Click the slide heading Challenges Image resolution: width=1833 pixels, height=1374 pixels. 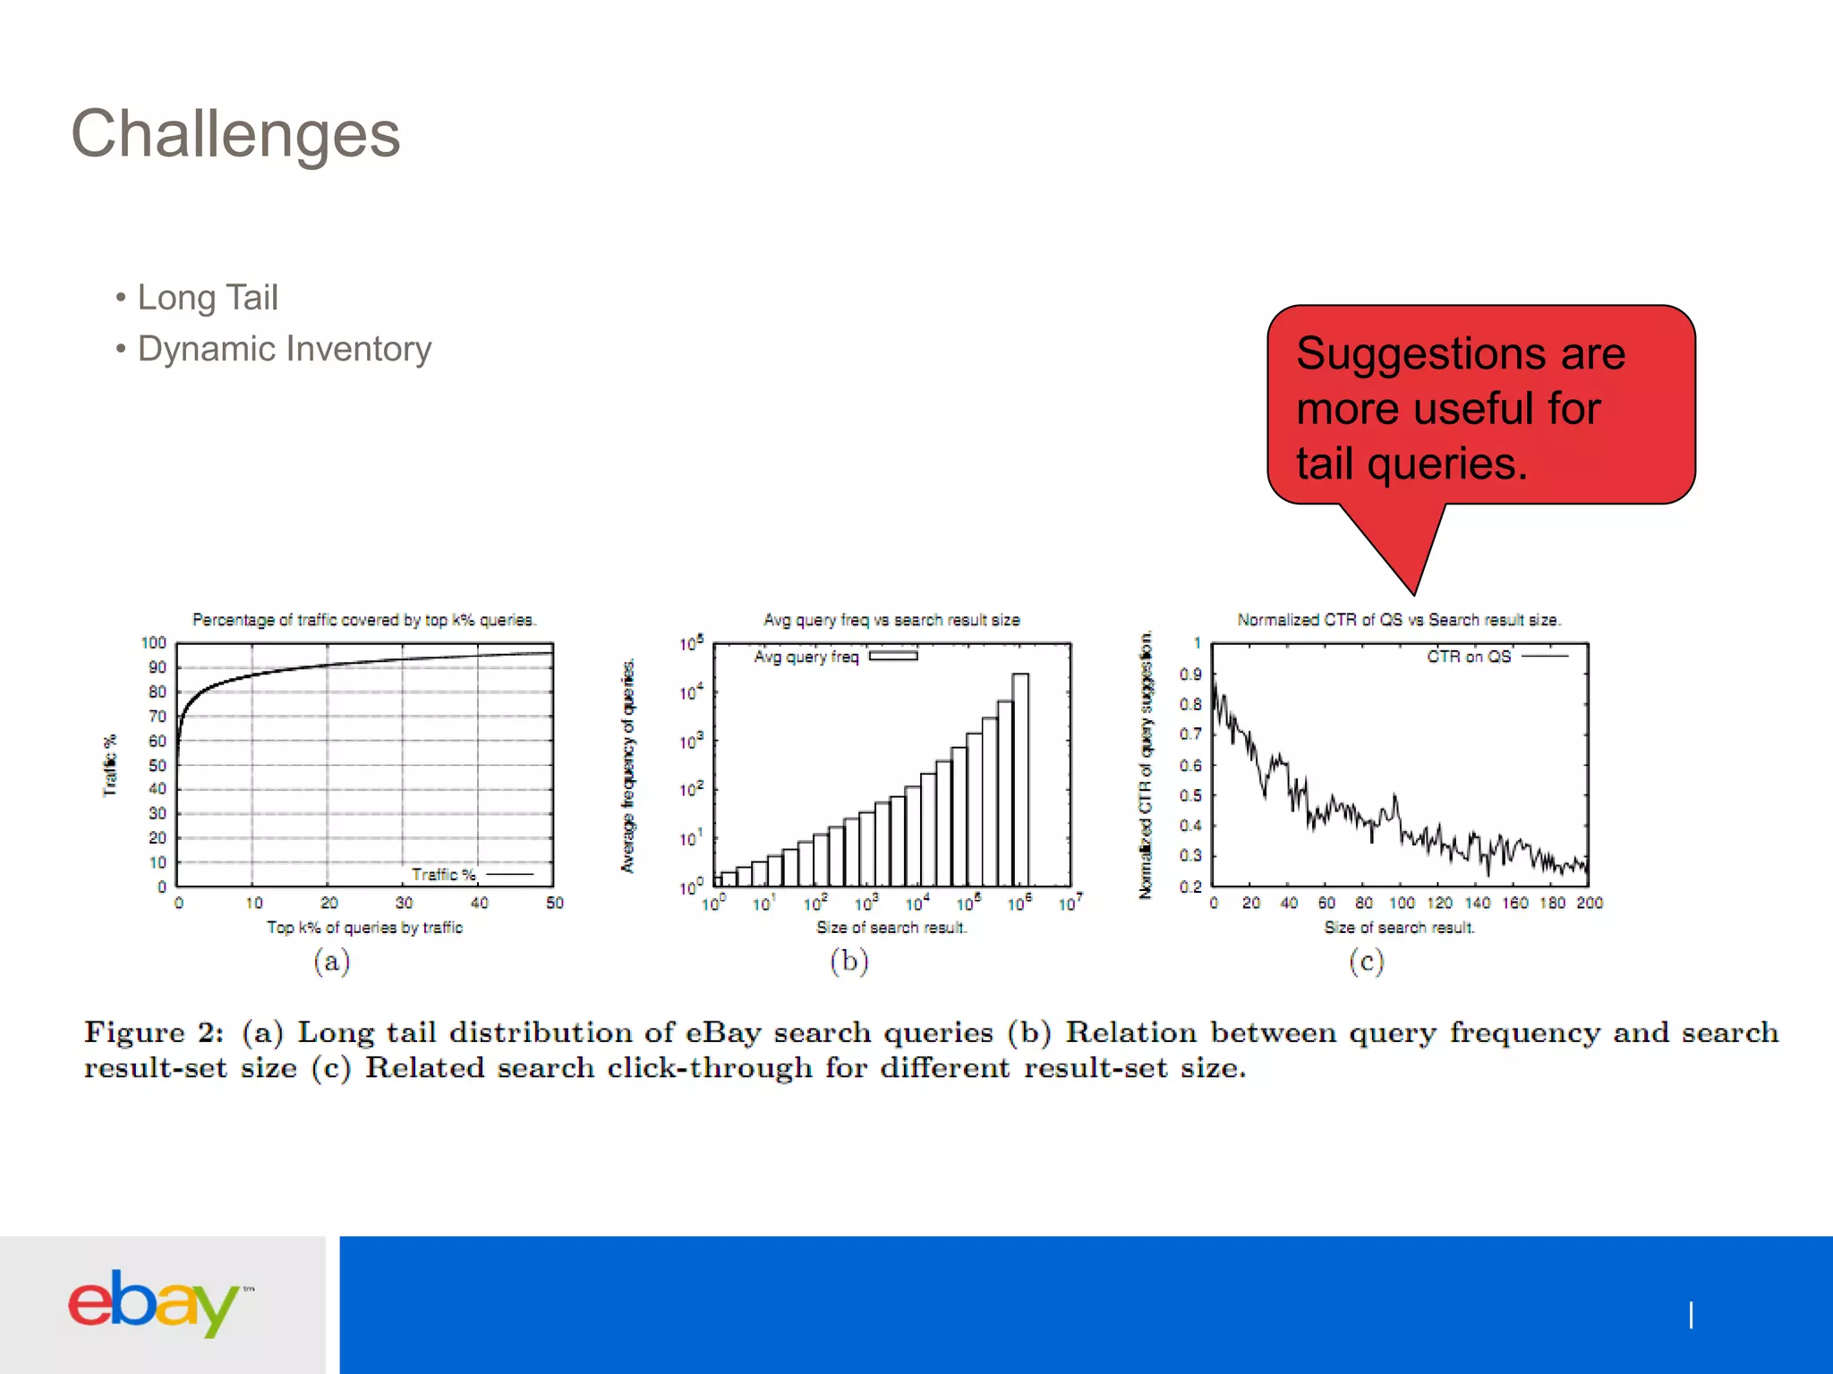click(235, 134)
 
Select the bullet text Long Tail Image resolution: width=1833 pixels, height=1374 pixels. click(207, 298)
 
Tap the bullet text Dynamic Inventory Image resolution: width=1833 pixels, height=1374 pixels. click(284, 349)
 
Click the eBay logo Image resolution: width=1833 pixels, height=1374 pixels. click(154, 1302)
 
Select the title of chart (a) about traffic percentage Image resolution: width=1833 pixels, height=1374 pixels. click(363, 620)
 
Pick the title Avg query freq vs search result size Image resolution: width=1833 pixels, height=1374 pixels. click(891, 620)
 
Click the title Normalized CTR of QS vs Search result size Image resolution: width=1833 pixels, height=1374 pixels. click(1398, 620)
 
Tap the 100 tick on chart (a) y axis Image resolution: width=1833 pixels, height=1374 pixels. click(153, 643)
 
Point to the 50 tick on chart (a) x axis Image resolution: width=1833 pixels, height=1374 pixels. click(554, 903)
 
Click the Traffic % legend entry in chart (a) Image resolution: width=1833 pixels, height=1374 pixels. click(472, 874)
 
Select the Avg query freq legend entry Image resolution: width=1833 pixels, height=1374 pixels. click(835, 657)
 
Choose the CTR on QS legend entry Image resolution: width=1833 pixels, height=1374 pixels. click(1496, 657)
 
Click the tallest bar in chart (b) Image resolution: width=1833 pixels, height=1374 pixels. click(1020, 778)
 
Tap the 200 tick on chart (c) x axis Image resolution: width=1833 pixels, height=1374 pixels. click(1589, 903)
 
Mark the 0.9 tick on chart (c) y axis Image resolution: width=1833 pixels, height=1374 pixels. click(1189, 674)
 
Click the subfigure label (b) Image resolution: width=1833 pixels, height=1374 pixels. click(848, 962)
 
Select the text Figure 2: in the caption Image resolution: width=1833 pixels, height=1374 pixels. click(153, 1032)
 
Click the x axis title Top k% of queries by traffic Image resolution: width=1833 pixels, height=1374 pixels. click(364, 928)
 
